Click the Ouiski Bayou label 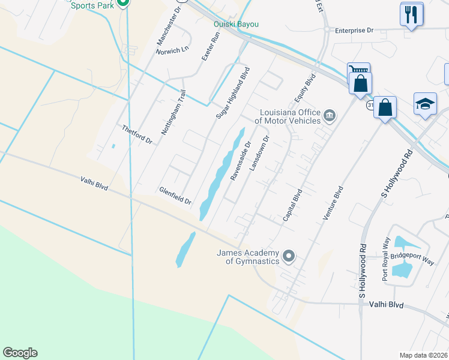(237, 24)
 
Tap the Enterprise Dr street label (354, 30)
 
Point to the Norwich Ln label (172, 51)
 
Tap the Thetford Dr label (137, 135)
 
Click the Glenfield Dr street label (175, 196)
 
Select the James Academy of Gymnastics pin (289, 257)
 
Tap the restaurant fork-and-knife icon (411, 14)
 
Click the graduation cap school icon (425, 104)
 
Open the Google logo (20, 353)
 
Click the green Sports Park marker (122, 2)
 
